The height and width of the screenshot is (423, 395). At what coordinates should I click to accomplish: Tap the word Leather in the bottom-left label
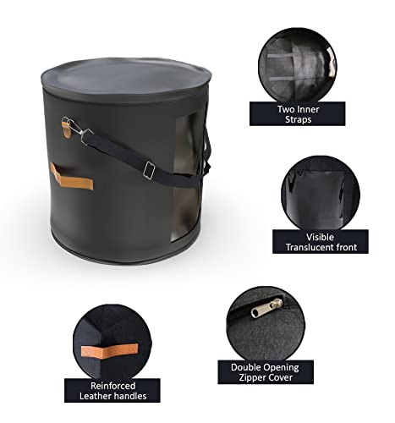click(x=86, y=398)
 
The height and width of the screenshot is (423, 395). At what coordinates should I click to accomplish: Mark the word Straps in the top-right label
click(x=297, y=120)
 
